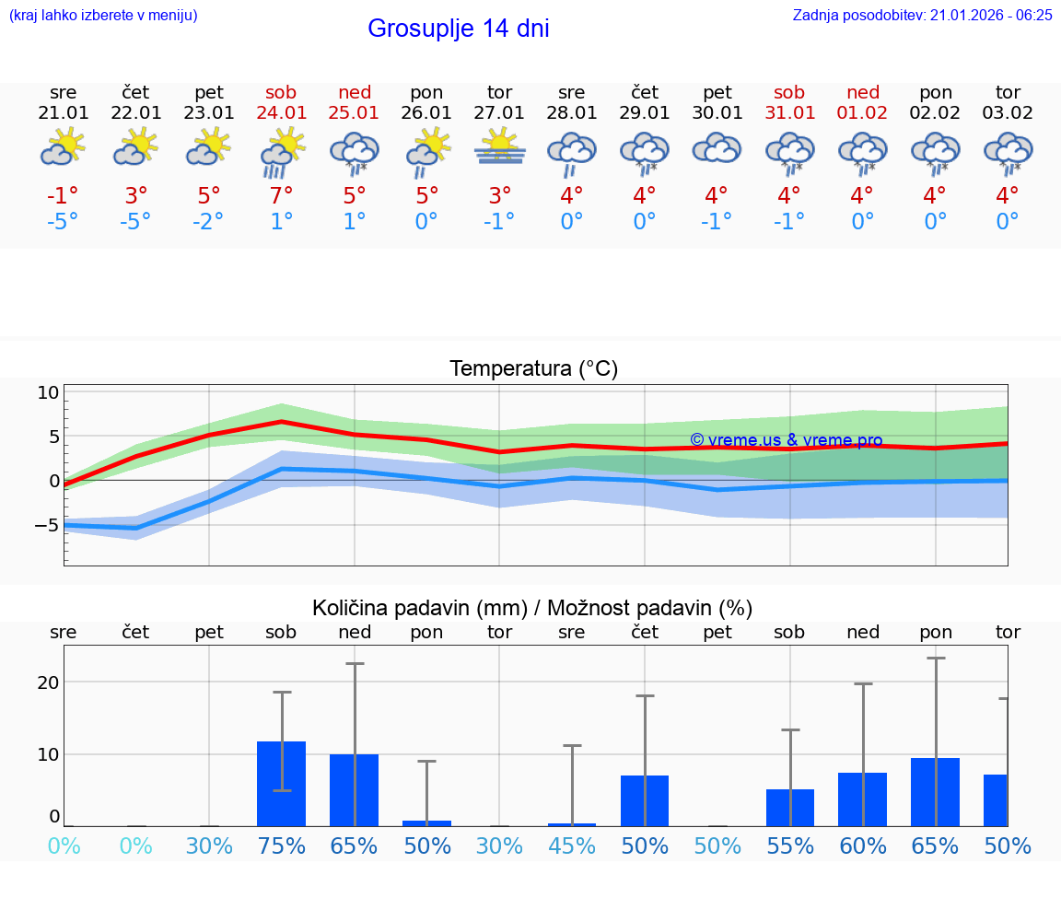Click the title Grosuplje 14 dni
click(458, 29)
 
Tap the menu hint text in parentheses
click(103, 15)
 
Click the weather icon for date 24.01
click(282, 151)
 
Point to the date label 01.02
click(863, 113)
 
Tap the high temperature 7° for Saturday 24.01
click(282, 195)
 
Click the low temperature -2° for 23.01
click(209, 222)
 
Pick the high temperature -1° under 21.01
click(64, 195)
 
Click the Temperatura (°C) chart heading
click(533, 369)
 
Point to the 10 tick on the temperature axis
click(48, 392)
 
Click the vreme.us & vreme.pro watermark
click(786, 440)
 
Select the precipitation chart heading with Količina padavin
click(532, 608)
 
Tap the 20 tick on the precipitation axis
click(48, 682)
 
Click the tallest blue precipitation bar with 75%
click(281, 784)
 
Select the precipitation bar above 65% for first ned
click(354, 790)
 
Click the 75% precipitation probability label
click(282, 846)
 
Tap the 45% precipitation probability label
click(572, 846)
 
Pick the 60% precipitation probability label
click(863, 846)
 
